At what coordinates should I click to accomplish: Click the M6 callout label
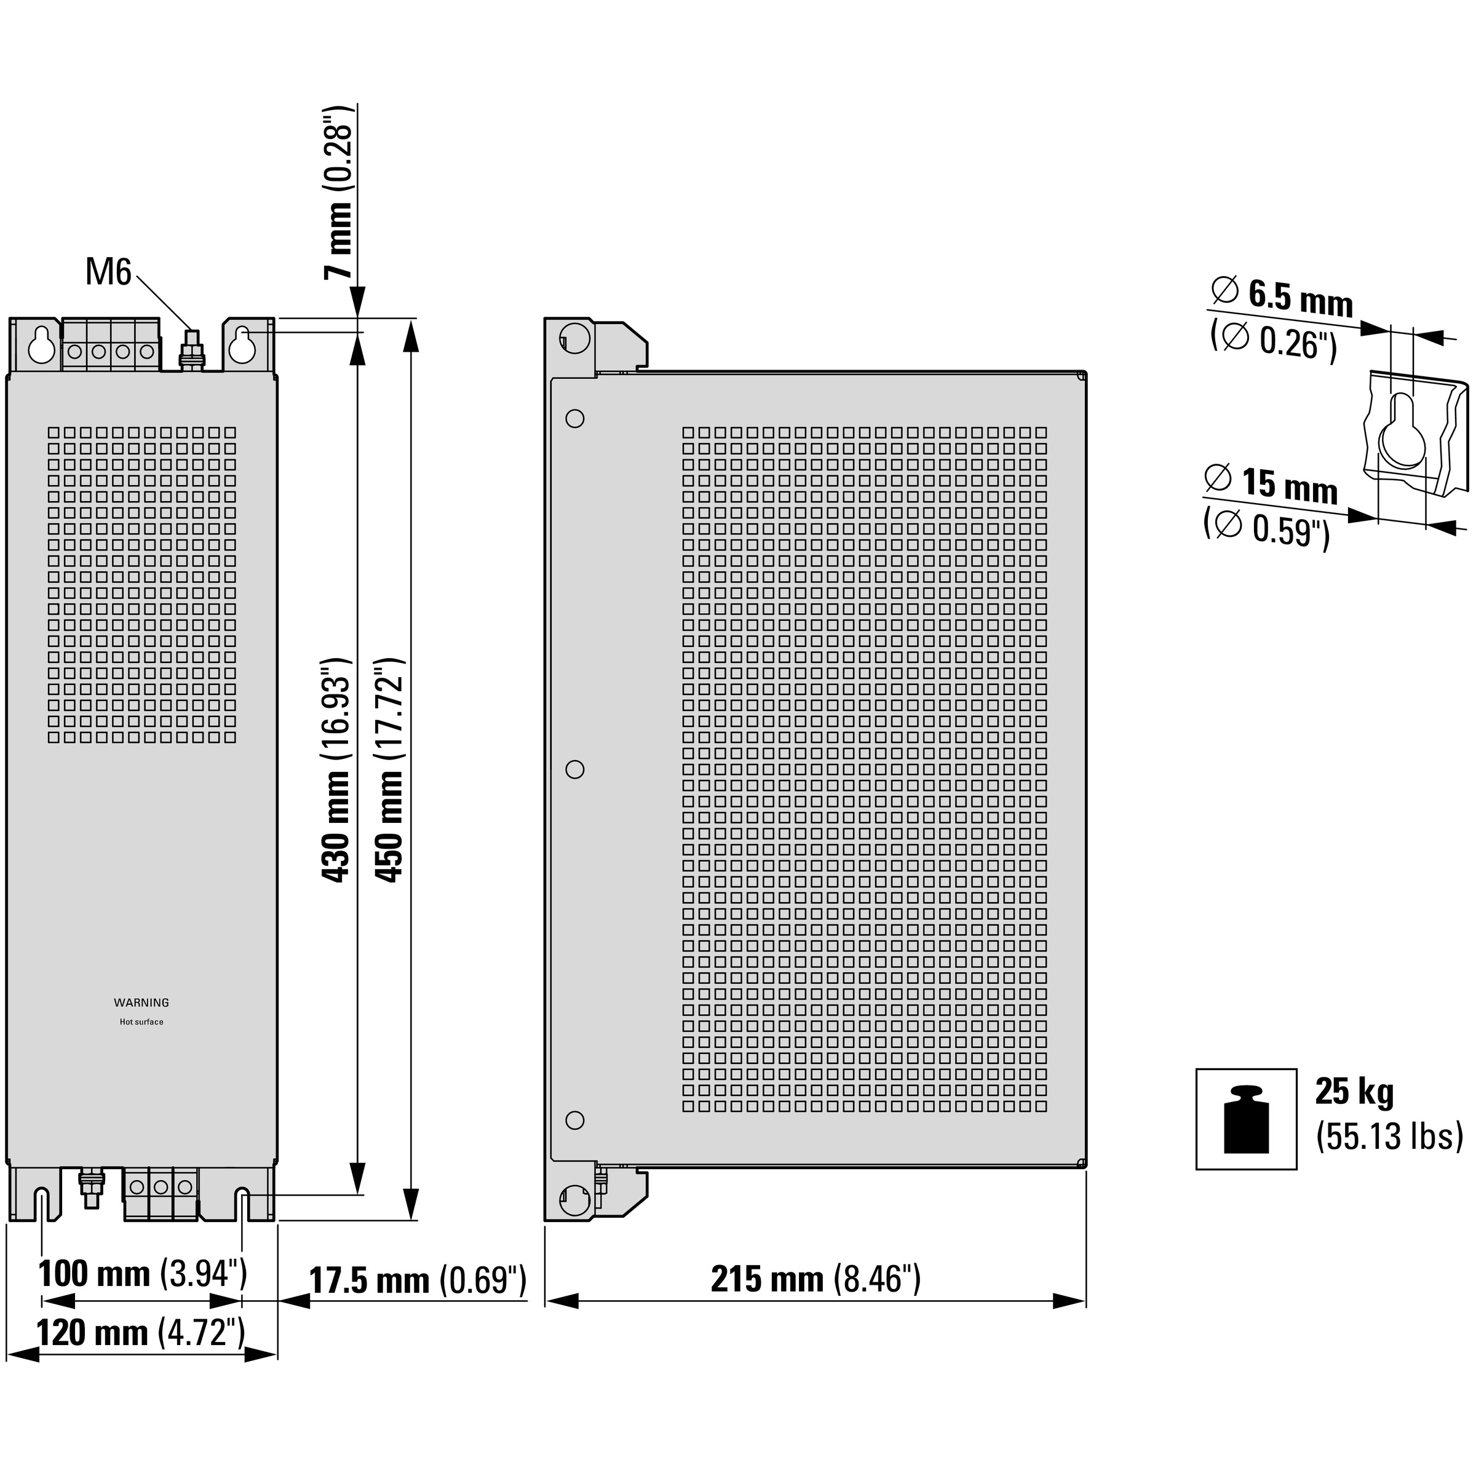(x=108, y=272)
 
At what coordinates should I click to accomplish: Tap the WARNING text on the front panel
(x=141, y=1002)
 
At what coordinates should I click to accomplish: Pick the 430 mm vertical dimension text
(x=336, y=769)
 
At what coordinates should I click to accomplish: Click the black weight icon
(x=1246, y=1119)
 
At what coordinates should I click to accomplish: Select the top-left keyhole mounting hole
(x=42, y=345)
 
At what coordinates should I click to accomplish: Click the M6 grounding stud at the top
(x=191, y=350)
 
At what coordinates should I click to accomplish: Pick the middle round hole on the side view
(x=574, y=769)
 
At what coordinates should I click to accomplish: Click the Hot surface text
(x=141, y=1022)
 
